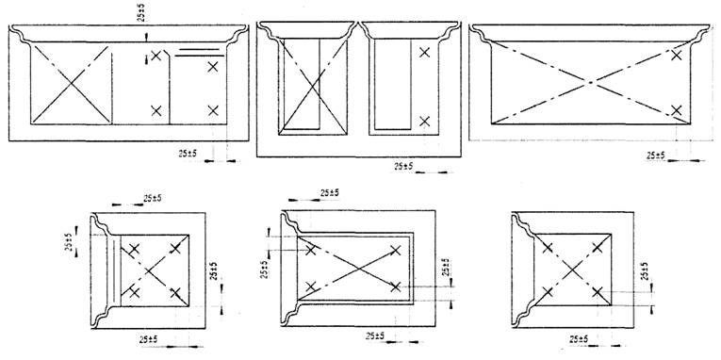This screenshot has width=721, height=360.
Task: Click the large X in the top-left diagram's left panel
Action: coord(72,84)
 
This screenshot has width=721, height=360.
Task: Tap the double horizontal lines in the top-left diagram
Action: coord(199,52)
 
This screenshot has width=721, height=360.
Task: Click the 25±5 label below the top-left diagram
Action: coord(188,154)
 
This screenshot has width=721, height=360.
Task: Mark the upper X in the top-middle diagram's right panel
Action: coord(424,53)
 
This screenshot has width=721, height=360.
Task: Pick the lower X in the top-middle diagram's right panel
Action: coord(424,122)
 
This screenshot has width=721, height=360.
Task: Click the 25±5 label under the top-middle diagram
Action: coord(403,167)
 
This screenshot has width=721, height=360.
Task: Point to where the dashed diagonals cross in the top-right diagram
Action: coord(591,83)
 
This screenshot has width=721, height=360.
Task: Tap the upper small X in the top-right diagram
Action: coord(676,56)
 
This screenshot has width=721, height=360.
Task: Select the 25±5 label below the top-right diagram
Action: coord(656,155)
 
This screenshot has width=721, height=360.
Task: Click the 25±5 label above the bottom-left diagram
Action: coord(152,199)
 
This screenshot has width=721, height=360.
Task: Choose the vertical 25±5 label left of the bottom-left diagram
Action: coord(69,242)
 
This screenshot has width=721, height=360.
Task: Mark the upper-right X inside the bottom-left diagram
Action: coord(175,249)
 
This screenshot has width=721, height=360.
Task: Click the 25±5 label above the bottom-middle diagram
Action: coord(329,193)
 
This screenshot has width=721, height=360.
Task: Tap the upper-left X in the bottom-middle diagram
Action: coord(311,250)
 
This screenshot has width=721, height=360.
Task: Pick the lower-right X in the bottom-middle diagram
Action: coord(396,286)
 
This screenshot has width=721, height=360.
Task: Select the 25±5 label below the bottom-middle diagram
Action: coord(375,336)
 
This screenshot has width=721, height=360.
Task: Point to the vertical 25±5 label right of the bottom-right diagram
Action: coord(645,271)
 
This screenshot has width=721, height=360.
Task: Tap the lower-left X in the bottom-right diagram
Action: coord(548,291)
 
